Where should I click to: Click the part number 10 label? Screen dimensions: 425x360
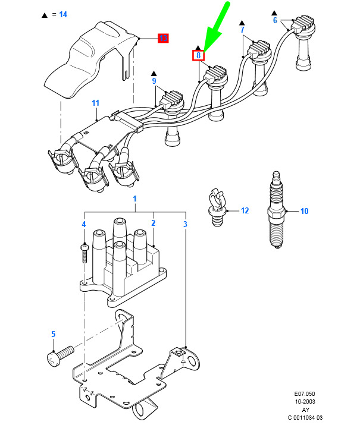pyautogui.click(x=304, y=210)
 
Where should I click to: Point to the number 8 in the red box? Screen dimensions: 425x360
pyautogui.click(x=198, y=56)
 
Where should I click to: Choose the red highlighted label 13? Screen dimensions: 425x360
pyautogui.click(x=163, y=39)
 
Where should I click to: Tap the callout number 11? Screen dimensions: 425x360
pyautogui.click(x=95, y=103)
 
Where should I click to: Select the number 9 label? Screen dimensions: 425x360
pyautogui.click(x=154, y=81)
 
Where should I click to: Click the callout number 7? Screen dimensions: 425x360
pyautogui.click(x=242, y=29)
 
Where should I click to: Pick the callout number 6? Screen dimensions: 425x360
pyautogui.click(x=275, y=20)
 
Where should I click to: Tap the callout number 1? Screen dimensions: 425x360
pyautogui.click(x=134, y=198)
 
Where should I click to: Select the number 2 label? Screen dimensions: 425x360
pyautogui.click(x=153, y=223)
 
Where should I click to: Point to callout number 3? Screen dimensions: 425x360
pyautogui.click(x=185, y=224)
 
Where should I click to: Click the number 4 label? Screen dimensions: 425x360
pyautogui.click(x=84, y=224)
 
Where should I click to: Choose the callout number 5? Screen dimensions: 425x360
pyautogui.click(x=53, y=335)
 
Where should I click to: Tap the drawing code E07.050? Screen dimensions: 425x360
pyautogui.click(x=307, y=394)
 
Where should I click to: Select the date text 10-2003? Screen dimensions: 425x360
pyautogui.click(x=307, y=402)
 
